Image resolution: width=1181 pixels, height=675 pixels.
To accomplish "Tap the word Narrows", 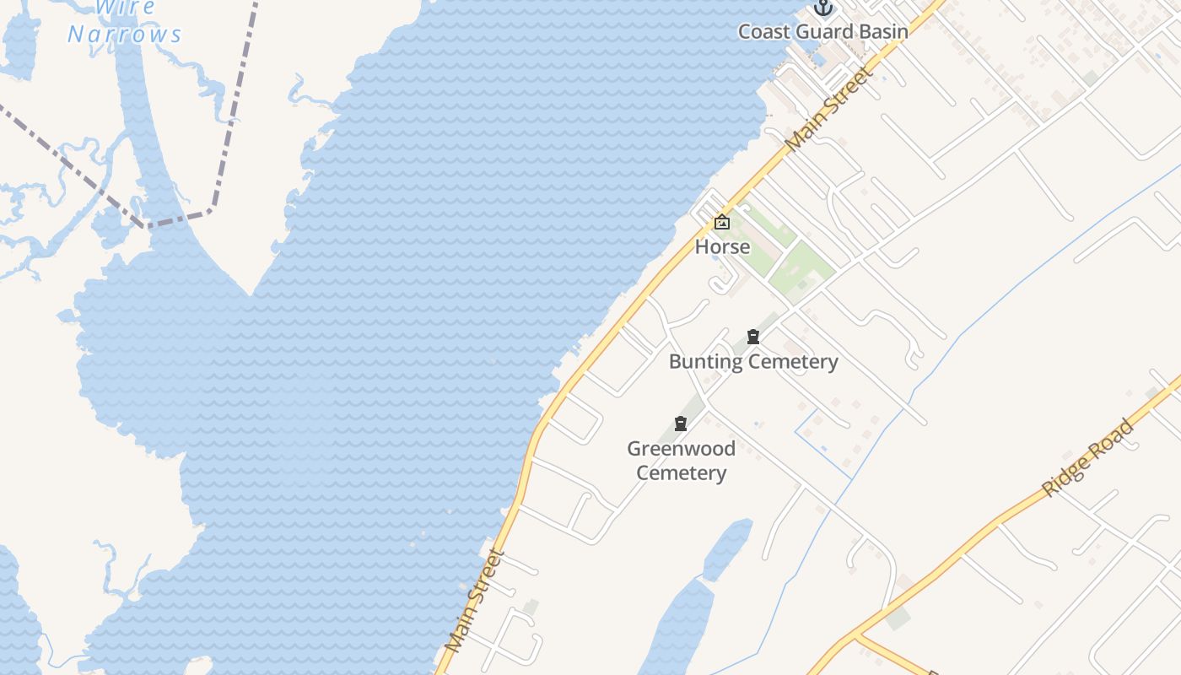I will click(125, 35).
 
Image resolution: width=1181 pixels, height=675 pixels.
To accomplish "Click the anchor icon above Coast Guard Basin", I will click(822, 8).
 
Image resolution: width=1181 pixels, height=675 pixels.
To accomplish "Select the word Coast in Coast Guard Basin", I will click(764, 32).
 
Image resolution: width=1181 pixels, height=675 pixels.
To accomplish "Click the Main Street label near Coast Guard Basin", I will click(830, 109).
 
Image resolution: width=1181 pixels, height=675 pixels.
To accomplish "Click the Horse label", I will click(722, 246).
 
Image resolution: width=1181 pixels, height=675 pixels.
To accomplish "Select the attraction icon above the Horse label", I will click(722, 223).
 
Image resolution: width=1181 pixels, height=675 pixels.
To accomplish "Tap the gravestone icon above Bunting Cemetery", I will click(753, 337).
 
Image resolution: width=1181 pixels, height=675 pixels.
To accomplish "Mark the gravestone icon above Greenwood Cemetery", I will click(681, 424).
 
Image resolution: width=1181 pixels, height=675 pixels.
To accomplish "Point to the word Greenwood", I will click(681, 448).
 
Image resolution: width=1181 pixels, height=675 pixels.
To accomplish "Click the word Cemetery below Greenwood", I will click(681, 472).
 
